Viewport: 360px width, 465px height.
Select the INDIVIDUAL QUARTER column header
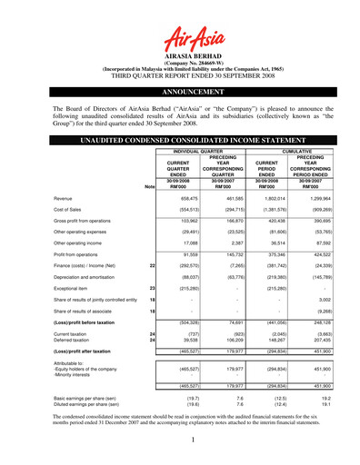pyautogui.click(x=197, y=152)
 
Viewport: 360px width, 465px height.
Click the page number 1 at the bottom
pyautogui.click(x=180, y=440)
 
